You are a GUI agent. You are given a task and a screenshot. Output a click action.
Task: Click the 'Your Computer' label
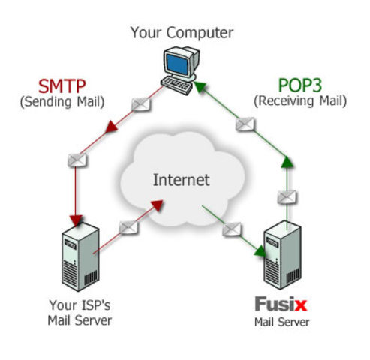[182, 32]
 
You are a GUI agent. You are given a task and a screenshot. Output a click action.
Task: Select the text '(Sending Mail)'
[62, 100]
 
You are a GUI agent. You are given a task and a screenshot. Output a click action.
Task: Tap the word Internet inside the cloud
[182, 180]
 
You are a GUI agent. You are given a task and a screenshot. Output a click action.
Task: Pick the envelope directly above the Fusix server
[287, 197]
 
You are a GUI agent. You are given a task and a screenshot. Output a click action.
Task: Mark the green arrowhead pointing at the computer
[200, 85]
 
